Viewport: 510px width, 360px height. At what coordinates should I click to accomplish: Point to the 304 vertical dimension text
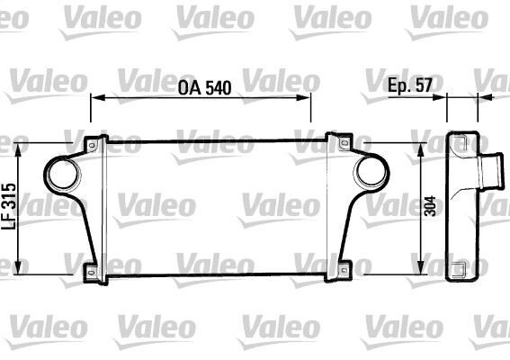click(431, 207)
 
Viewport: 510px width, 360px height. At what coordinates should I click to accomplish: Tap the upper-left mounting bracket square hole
click(91, 144)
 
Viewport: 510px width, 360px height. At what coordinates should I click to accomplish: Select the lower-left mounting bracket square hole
click(91, 271)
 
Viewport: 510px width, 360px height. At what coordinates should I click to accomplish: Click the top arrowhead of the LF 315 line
click(20, 144)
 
